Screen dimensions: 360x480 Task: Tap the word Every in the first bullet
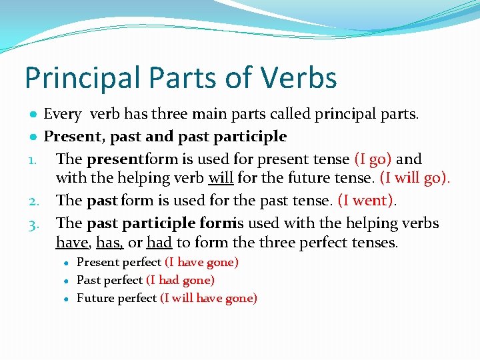(62, 115)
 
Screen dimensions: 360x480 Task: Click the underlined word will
(221, 179)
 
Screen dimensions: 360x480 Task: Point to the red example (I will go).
(415, 179)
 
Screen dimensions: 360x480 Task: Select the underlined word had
(159, 243)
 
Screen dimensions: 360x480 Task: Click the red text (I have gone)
(201, 263)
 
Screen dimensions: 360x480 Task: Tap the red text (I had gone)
(180, 281)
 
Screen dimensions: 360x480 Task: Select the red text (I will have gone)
(209, 299)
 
